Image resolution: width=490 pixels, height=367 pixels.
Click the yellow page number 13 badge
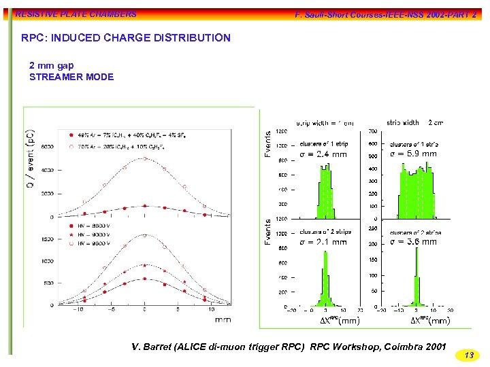click(468, 355)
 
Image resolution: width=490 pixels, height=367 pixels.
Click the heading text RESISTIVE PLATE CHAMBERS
click(76, 14)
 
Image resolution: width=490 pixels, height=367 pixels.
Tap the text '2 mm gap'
click(52, 65)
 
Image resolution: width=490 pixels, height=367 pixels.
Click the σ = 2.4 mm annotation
click(323, 154)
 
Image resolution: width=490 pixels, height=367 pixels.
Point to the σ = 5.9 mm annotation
click(413, 154)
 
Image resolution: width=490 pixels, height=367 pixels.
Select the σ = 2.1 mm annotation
click(323, 242)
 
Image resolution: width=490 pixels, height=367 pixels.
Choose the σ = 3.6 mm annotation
click(413, 241)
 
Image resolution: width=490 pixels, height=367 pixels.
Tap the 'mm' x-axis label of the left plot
click(223, 319)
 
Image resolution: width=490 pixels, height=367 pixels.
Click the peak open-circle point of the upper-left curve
click(144, 158)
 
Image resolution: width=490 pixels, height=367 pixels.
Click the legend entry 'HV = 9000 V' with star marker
click(89, 234)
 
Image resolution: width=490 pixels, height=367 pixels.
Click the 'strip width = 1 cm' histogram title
click(325, 123)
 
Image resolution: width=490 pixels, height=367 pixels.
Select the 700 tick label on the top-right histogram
click(373, 130)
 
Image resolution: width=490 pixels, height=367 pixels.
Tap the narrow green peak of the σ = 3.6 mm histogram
click(416, 285)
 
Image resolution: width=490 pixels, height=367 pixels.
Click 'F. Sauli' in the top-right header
click(310, 14)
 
